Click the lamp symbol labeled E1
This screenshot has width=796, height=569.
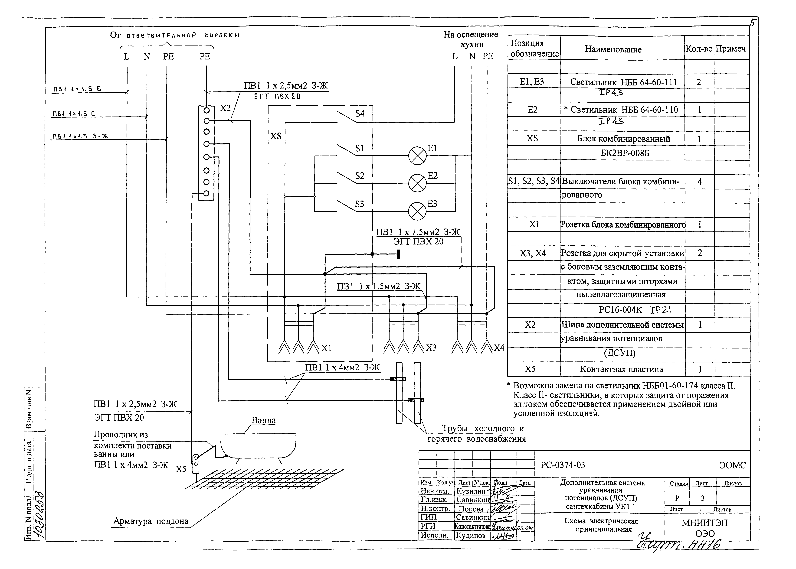tap(417, 156)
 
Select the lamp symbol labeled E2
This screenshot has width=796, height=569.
tap(417, 183)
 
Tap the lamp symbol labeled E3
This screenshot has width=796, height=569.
tap(417, 211)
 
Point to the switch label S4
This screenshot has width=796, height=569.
tap(360, 114)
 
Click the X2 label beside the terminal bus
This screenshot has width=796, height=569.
tap(225, 108)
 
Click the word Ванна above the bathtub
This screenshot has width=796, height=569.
tap(264, 420)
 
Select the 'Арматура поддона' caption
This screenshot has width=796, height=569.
tap(151, 521)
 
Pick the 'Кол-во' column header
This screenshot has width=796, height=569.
tap(699, 49)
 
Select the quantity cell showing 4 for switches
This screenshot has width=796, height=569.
tap(699, 182)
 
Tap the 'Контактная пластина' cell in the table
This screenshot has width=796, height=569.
tap(621, 369)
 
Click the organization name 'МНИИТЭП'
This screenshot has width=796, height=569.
tap(704, 523)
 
